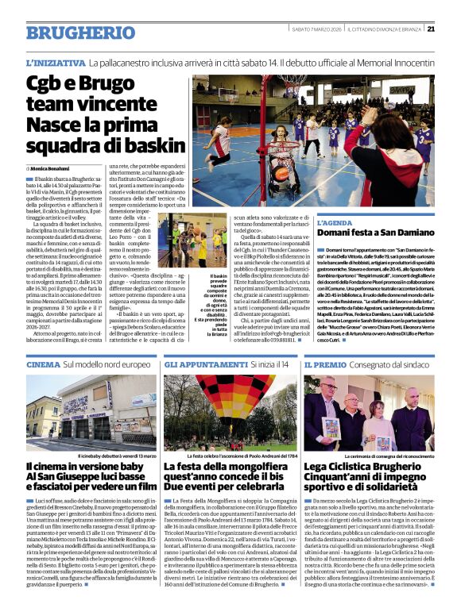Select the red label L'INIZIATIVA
(55, 62)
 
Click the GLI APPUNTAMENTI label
(206, 364)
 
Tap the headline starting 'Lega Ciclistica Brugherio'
(367, 469)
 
